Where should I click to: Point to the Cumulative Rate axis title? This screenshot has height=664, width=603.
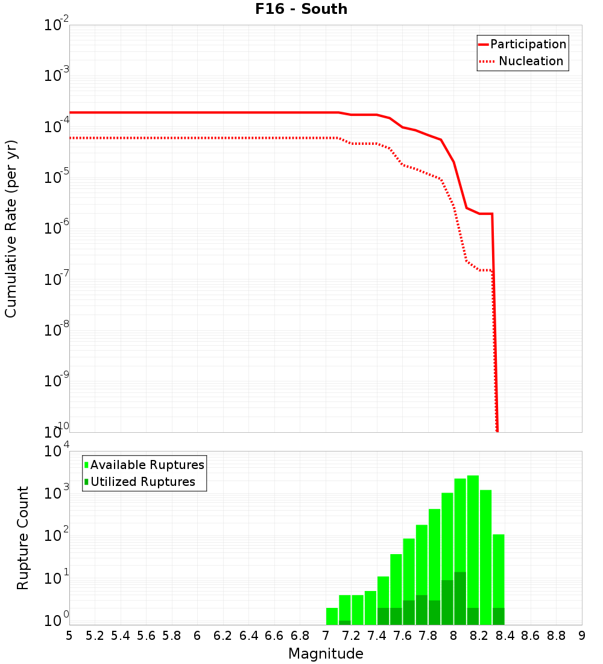click(11, 229)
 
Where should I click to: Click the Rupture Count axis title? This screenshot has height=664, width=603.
click(23, 538)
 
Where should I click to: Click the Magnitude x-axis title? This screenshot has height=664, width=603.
click(326, 654)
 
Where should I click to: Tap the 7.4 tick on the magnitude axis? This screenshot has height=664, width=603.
click(377, 636)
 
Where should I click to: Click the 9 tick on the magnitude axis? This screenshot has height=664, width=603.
click(582, 636)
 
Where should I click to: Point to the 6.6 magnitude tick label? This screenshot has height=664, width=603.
click(274, 636)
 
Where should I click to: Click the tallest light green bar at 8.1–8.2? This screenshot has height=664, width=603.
click(473, 543)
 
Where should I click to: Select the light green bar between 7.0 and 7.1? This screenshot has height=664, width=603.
click(332, 616)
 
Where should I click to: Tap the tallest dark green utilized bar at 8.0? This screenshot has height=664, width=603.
click(460, 598)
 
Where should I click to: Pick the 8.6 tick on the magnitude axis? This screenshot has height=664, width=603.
click(531, 636)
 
